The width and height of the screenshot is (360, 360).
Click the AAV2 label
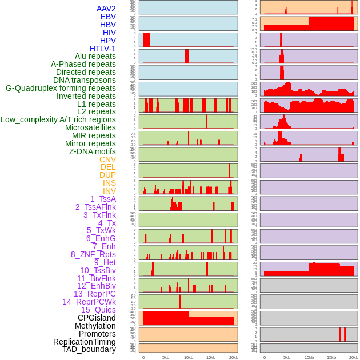(x=106, y=9)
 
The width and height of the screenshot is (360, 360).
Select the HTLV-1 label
(x=102, y=49)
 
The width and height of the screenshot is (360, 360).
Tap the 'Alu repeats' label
(x=95, y=56)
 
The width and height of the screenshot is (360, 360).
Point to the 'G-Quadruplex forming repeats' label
(x=61, y=88)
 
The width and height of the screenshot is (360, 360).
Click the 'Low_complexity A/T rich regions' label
(x=58, y=119)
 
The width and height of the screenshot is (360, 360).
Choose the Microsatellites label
(x=90, y=127)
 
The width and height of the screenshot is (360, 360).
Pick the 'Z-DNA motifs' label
(x=92, y=151)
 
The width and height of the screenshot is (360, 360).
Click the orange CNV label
(x=107, y=159)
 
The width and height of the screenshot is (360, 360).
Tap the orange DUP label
(x=107, y=175)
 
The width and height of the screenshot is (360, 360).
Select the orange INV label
(x=109, y=191)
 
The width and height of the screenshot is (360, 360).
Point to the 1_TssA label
(x=103, y=199)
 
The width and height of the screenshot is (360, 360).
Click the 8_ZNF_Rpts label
(x=93, y=254)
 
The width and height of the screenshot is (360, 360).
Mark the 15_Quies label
(x=98, y=310)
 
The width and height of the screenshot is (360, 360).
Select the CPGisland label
(x=97, y=318)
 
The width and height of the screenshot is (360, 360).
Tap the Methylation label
(x=95, y=326)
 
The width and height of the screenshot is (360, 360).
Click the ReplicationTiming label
(x=84, y=342)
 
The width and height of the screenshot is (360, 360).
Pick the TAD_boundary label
(x=89, y=349)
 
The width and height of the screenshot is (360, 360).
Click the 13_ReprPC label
(x=94, y=294)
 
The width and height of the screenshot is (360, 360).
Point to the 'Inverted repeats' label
(x=86, y=96)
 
